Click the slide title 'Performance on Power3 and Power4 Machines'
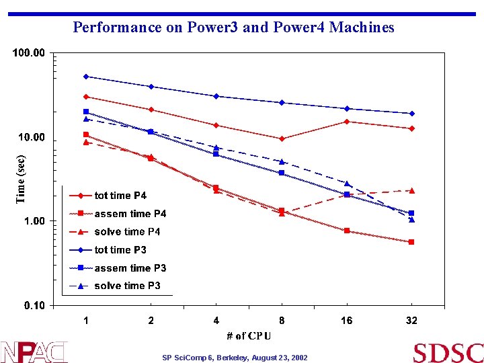click(x=233, y=28)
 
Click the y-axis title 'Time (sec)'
click(x=21, y=176)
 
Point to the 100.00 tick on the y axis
click(x=30, y=53)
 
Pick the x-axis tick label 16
click(x=346, y=321)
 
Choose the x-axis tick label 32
click(x=411, y=321)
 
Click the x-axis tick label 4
click(x=216, y=321)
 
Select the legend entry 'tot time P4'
click(x=120, y=196)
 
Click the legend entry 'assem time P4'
click(x=130, y=214)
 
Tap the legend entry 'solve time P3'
click(x=127, y=286)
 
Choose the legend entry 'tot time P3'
click(x=120, y=250)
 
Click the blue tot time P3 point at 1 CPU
click(x=86, y=77)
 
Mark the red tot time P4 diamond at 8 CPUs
click(x=282, y=138)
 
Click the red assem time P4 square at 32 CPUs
click(x=411, y=242)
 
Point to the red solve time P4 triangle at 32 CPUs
click(x=411, y=190)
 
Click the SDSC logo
click(x=448, y=352)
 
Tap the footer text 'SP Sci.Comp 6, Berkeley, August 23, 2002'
click(x=235, y=358)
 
